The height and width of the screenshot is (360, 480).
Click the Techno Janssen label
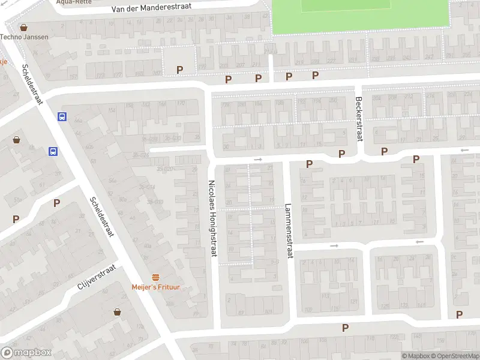pyautogui.click(x=24, y=37)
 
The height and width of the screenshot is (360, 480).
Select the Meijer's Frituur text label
pyautogui.click(x=156, y=287)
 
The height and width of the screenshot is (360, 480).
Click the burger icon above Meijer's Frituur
pyautogui.click(x=156, y=277)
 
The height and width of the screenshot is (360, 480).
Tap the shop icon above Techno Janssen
pyautogui.click(x=24, y=27)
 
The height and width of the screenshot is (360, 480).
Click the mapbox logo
pyautogui.click(x=26, y=353)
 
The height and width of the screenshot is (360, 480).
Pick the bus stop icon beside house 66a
pyautogui.click(x=62, y=117)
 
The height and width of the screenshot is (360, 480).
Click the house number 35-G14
pyautogui.click(x=146, y=186)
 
